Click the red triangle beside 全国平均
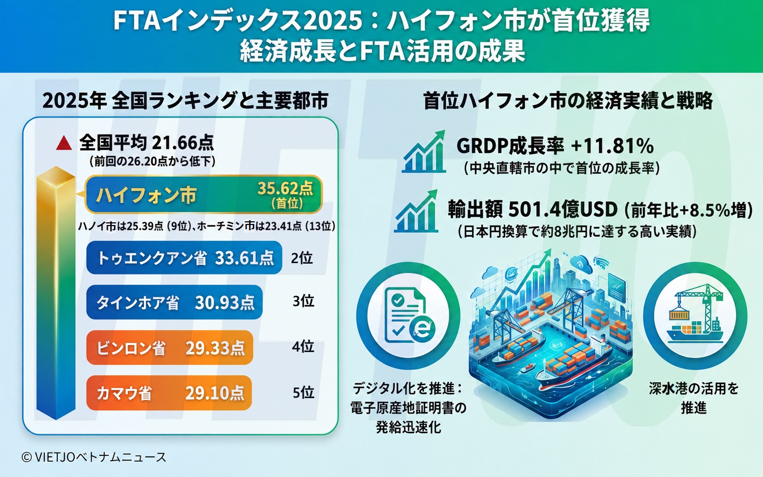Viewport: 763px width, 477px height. click(64, 143)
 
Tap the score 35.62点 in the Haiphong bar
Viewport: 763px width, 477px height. click(285, 188)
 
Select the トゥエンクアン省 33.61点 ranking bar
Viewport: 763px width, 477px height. click(184, 257)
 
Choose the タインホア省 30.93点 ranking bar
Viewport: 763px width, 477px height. click(174, 302)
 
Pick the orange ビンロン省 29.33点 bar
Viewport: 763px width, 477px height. click(170, 347)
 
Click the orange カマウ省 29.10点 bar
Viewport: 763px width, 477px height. click(169, 393)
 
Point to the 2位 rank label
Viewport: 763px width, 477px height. click(302, 258)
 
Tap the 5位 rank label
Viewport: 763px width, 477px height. click(303, 393)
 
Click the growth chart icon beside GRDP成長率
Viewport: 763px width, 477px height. click(424, 151)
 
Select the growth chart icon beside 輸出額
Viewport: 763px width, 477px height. click(416, 211)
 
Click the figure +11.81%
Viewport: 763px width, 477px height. click(613, 146)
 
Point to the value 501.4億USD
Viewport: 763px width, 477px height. click(563, 209)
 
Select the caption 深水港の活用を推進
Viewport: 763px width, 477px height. click(694, 398)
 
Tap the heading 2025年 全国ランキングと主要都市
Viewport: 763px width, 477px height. click(185, 101)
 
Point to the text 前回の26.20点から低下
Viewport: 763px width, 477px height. click(152, 161)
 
